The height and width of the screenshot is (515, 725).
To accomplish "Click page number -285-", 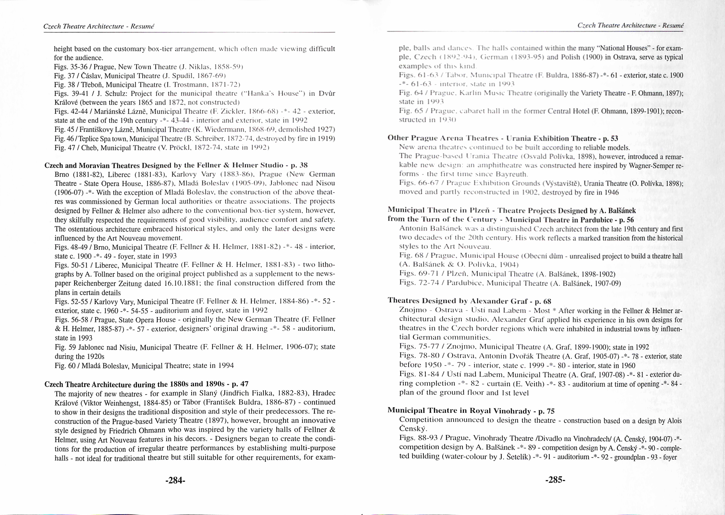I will (x=555, y=480).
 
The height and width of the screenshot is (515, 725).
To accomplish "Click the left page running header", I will (x=98, y=26).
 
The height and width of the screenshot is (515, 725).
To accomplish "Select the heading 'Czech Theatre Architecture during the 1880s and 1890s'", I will (x=146, y=384).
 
